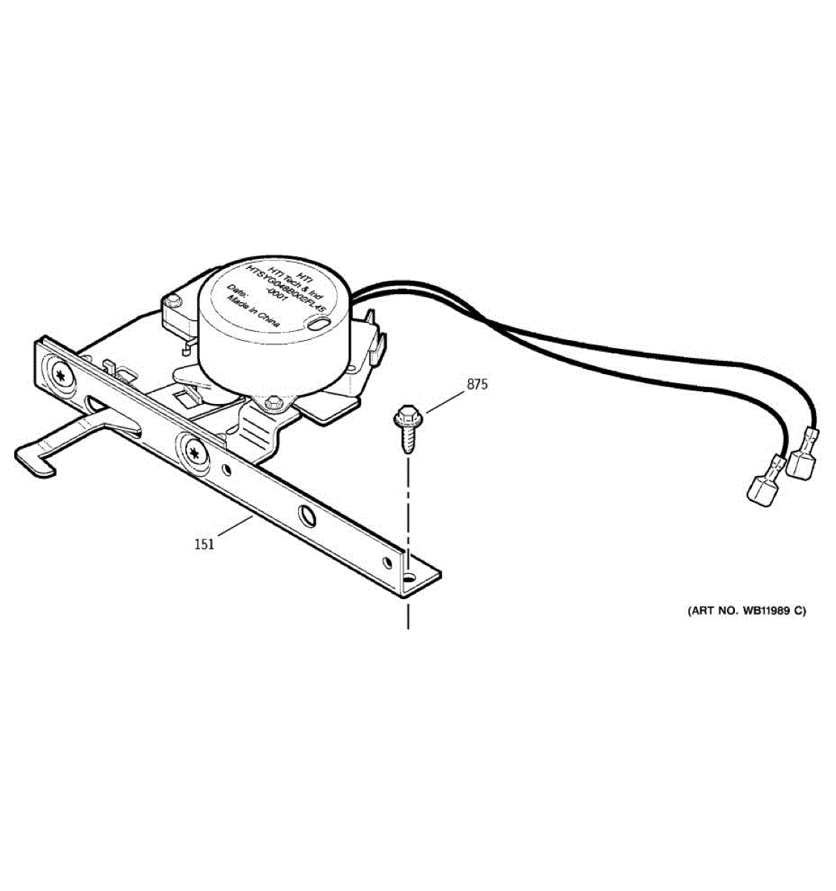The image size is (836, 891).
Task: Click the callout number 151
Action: coord(204,544)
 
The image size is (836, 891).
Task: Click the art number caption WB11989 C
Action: coord(745,611)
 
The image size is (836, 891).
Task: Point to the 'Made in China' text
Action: coord(253,312)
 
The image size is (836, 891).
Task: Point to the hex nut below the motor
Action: coord(273,401)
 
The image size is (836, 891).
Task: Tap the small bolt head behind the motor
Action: coord(174,300)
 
